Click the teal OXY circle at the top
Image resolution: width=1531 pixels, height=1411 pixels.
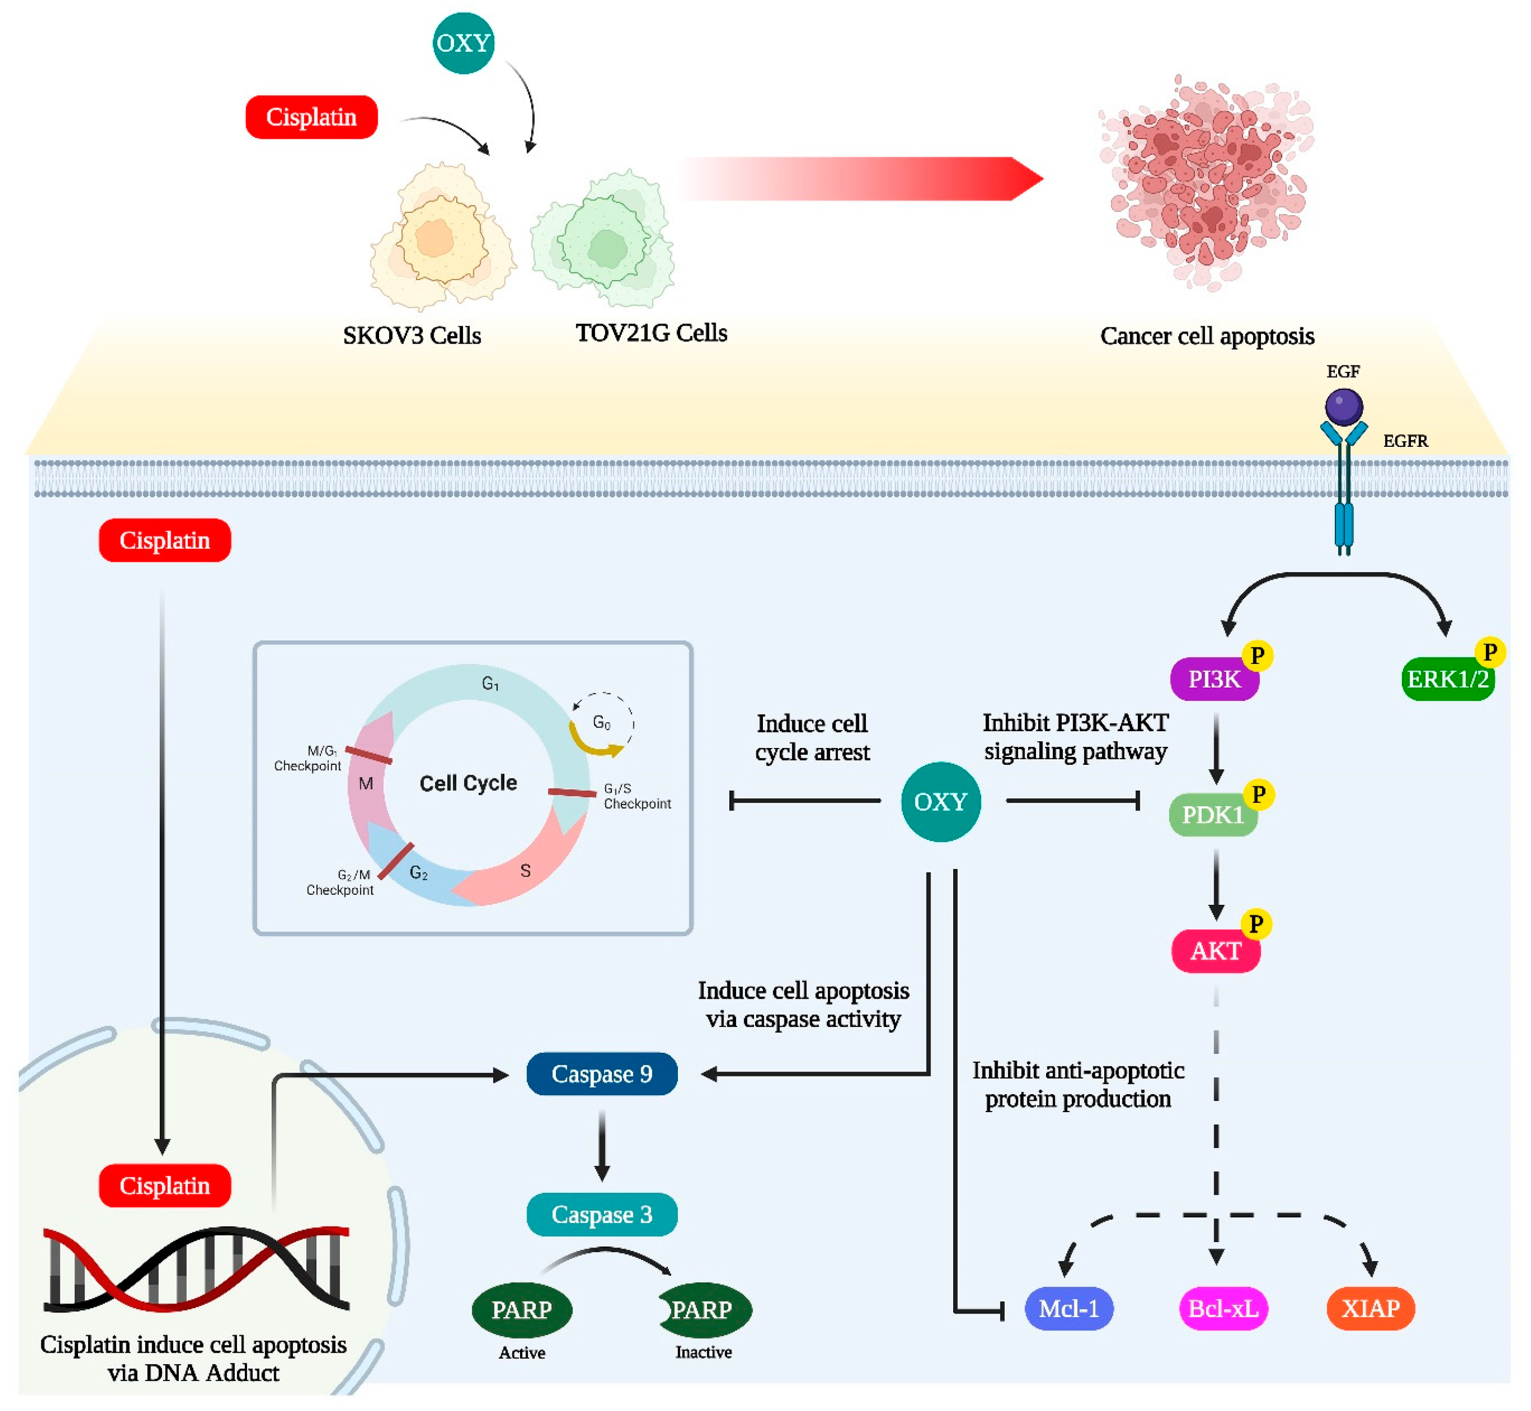pyautogui.click(x=463, y=43)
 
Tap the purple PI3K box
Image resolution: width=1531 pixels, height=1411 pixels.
pyautogui.click(x=1213, y=679)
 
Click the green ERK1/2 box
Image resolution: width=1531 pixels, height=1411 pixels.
pyautogui.click(x=1447, y=679)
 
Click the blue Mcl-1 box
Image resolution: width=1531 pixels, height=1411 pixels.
pyautogui.click(x=1069, y=1309)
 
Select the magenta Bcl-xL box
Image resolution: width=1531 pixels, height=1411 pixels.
pyautogui.click(x=1223, y=1309)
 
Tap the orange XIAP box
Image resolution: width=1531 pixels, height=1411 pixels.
pyautogui.click(x=1370, y=1309)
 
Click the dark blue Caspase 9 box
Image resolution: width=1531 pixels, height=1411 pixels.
pyautogui.click(x=601, y=1074)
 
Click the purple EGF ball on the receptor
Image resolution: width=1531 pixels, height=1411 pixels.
pyautogui.click(x=1343, y=406)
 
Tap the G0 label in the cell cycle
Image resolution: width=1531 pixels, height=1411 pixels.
pyautogui.click(x=601, y=722)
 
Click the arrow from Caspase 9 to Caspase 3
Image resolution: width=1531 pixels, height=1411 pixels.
pyautogui.click(x=601, y=1145)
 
